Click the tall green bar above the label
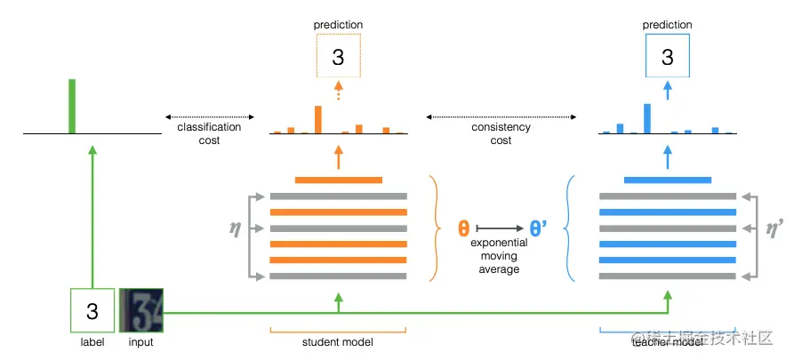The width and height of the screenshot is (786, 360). [73, 107]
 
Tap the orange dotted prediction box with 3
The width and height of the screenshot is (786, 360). [338, 58]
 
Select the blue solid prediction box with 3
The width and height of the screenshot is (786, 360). [667, 57]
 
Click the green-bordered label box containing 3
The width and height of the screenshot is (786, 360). [92, 311]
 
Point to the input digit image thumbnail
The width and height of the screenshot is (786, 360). [141, 310]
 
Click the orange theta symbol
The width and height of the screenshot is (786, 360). [463, 227]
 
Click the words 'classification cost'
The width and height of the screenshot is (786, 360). [210, 133]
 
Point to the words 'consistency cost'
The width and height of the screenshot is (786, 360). [501, 133]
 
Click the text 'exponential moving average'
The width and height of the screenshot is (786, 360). [499, 256]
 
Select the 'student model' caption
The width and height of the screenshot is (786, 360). [338, 342]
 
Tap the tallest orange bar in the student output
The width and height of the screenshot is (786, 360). [317, 119]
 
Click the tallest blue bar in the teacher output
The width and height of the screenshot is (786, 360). [647, 118]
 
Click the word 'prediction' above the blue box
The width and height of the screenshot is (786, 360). [667, 25]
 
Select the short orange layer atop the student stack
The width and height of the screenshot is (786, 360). [338, 180]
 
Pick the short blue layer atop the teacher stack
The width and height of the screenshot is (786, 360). [667, 180]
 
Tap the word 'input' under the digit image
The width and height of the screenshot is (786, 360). [140, 342]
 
